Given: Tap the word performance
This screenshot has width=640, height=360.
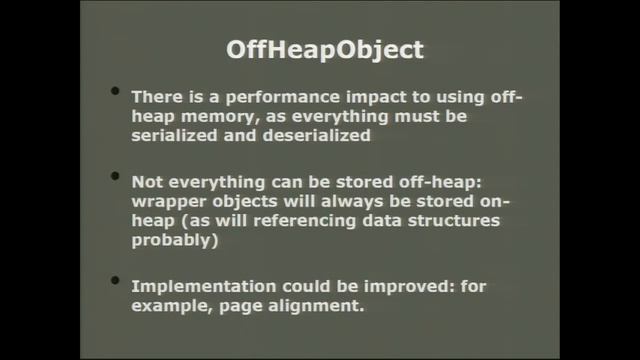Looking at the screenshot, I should pyautogui.click(x=285, y=97).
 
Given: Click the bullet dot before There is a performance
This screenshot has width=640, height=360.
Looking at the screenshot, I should pyautogui.click(x=115, y=93).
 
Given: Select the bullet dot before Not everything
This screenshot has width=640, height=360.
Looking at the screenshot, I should pyautogui.click(x=115, y=180).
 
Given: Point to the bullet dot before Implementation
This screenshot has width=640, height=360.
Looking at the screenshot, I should pyautogui.click(x=115, y=282).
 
